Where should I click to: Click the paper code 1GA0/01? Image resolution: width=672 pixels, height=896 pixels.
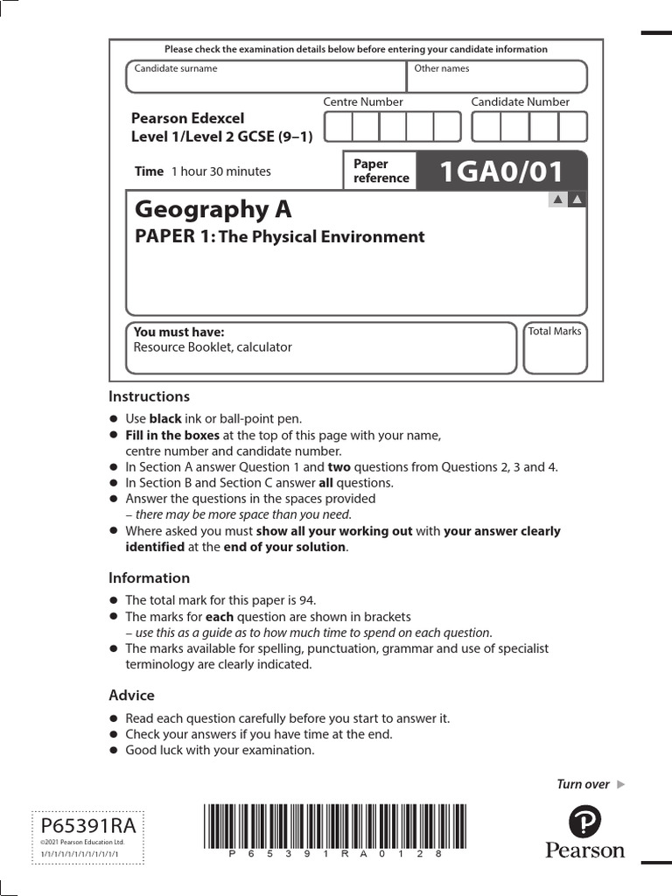(501, 171)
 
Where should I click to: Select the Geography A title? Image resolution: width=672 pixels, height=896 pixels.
(213, 209)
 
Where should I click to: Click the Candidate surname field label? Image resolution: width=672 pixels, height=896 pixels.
(175, 68)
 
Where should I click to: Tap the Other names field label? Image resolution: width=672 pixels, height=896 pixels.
(441, 68)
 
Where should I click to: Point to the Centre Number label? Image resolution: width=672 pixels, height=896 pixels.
(363, 101)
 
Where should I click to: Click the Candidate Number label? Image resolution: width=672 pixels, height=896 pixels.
(520, 101)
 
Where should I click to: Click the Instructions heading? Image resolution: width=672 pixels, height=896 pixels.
(149, 396)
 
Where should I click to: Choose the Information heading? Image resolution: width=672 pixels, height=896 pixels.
(149, 577)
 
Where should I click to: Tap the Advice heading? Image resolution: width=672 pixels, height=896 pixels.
(131, 695)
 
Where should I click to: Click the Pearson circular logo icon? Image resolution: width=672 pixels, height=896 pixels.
(585, 823)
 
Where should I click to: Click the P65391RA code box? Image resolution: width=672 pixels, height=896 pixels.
(87, 825)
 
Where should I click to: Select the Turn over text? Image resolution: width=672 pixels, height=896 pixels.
(583, 784)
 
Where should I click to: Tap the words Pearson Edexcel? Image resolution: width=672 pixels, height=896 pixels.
(187, 118)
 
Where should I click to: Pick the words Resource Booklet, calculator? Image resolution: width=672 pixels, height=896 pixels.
(213, 347)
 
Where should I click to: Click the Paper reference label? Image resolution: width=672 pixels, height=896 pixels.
(381, 171)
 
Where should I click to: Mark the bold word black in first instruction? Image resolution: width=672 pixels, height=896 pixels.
(166, 419)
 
